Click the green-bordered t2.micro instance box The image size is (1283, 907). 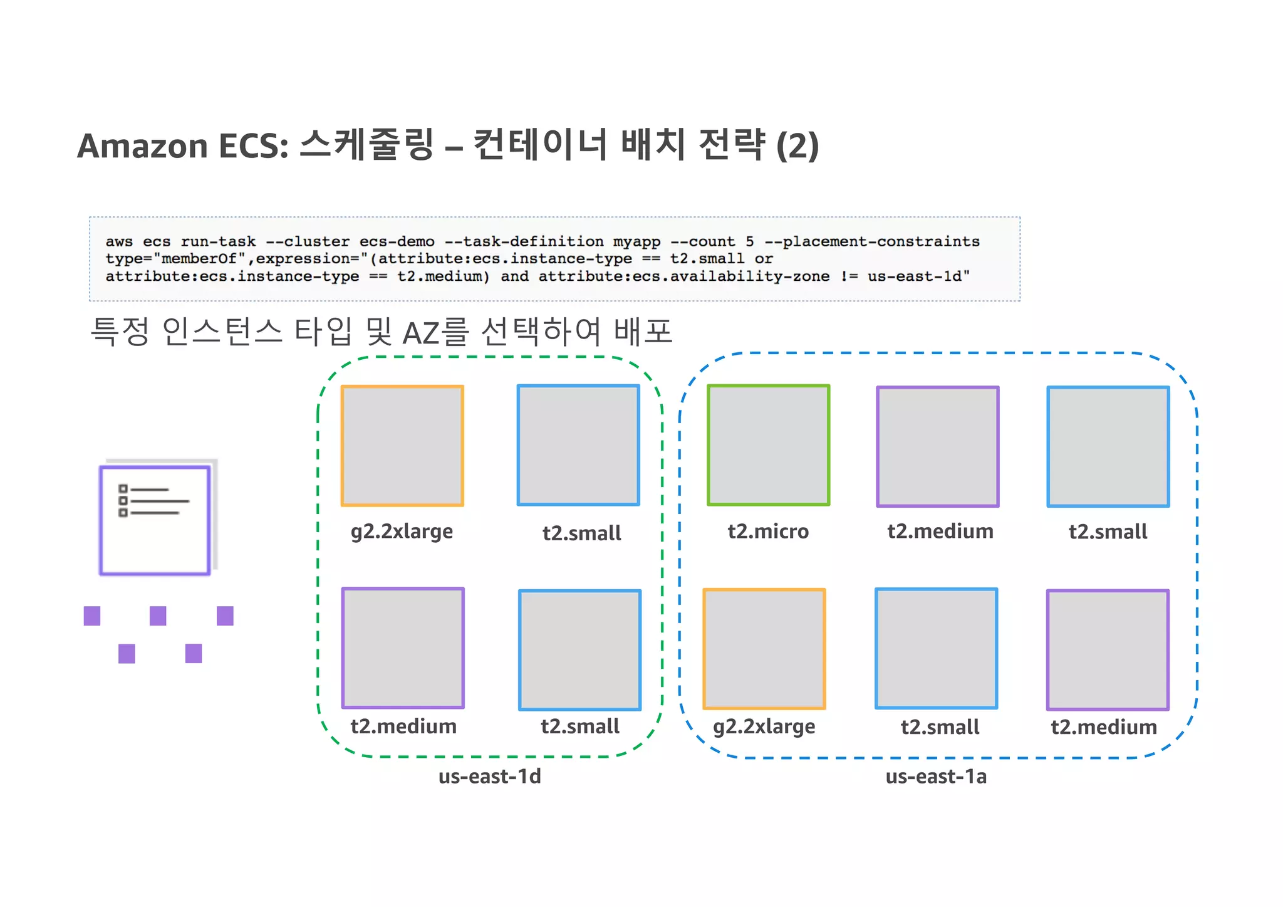coord(768,445)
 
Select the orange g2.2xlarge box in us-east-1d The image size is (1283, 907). coord(402,446)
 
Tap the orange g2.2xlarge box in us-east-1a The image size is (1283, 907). coord(764,649)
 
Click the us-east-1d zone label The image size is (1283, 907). coord(489,776)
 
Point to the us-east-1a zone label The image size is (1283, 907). coord(936,776)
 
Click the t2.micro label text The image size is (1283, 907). coord(768,532)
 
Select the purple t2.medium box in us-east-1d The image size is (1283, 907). coord(403,648)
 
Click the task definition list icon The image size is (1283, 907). coord(155,520)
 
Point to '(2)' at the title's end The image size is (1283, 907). coord(797,146)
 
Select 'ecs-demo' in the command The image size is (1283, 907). coord(397,241)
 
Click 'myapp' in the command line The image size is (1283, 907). coord(636,241)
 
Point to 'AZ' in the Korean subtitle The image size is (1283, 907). coord(421,333)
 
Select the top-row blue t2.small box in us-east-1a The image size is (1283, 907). coord(1108,446)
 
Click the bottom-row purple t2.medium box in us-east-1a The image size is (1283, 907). coord(1108,649)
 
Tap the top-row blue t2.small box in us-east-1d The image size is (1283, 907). coord(578,445)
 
